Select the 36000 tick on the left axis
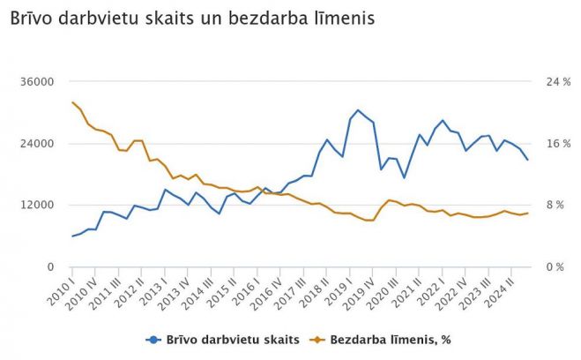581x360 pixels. pos(38,82)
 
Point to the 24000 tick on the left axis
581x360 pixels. pos(38,144)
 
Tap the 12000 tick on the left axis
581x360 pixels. pos(38,205)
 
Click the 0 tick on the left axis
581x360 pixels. pos(50,266)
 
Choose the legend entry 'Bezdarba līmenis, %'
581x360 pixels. pos(393,339)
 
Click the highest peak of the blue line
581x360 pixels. pos(358,110)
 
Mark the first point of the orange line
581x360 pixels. pos(72,102)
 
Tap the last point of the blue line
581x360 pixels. pos(527,160)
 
